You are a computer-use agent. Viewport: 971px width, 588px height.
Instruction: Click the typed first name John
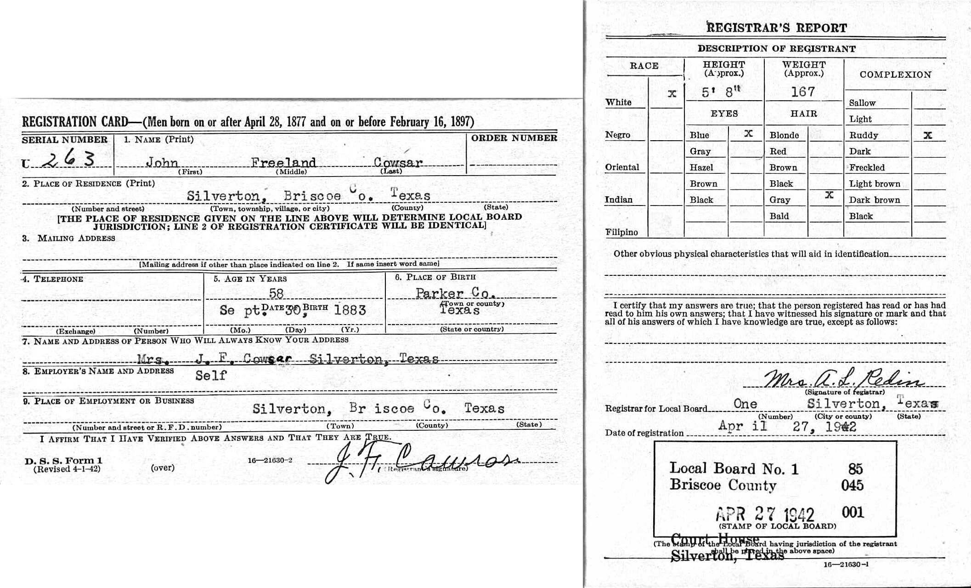pyautogui.click(x=162, y=162)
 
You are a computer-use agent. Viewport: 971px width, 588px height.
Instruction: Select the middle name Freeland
pyautogui.click(x=283, y=162)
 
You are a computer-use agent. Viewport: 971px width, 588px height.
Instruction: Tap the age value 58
pyautogui.click(x=276, y=293)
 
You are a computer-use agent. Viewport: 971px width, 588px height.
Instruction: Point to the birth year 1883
pyautogui.click(x=350, y=310)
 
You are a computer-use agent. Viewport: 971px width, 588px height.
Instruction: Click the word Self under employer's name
pyautogui.click(x=211, y=376)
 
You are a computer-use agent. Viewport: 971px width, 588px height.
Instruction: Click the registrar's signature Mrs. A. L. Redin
pyautogui.click(x=843, y=380)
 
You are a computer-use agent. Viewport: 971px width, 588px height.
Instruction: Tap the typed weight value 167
pyautogui.click(x=803, y=92)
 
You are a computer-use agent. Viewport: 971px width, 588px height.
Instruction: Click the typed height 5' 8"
pyautogui.click(x=721, y=92)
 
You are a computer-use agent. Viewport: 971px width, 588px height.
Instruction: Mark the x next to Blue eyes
pyautogui.click(x=748, y=134)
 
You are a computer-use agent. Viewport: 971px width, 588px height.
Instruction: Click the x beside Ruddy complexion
pyautogui.click(x=928, y=135)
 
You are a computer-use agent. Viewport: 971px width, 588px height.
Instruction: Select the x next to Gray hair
pyautogui.click(x=829, y=195)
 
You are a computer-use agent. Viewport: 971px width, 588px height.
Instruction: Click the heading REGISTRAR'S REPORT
pyautogui.click(x=777, y=28)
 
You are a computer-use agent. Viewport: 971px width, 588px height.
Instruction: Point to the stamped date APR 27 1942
pyautogui.click(x=765, y=514)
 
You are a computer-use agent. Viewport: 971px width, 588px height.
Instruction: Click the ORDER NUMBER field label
pyautogui.click(x=514, y=138)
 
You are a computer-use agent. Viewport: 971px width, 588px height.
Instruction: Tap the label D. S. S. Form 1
pyautogui.click(x=64, y=460)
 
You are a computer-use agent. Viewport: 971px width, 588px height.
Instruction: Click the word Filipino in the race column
pyautogui.click(x=621, y=232)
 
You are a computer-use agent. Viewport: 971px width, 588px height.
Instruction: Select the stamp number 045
pyautogui.click(x=852, y=485)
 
